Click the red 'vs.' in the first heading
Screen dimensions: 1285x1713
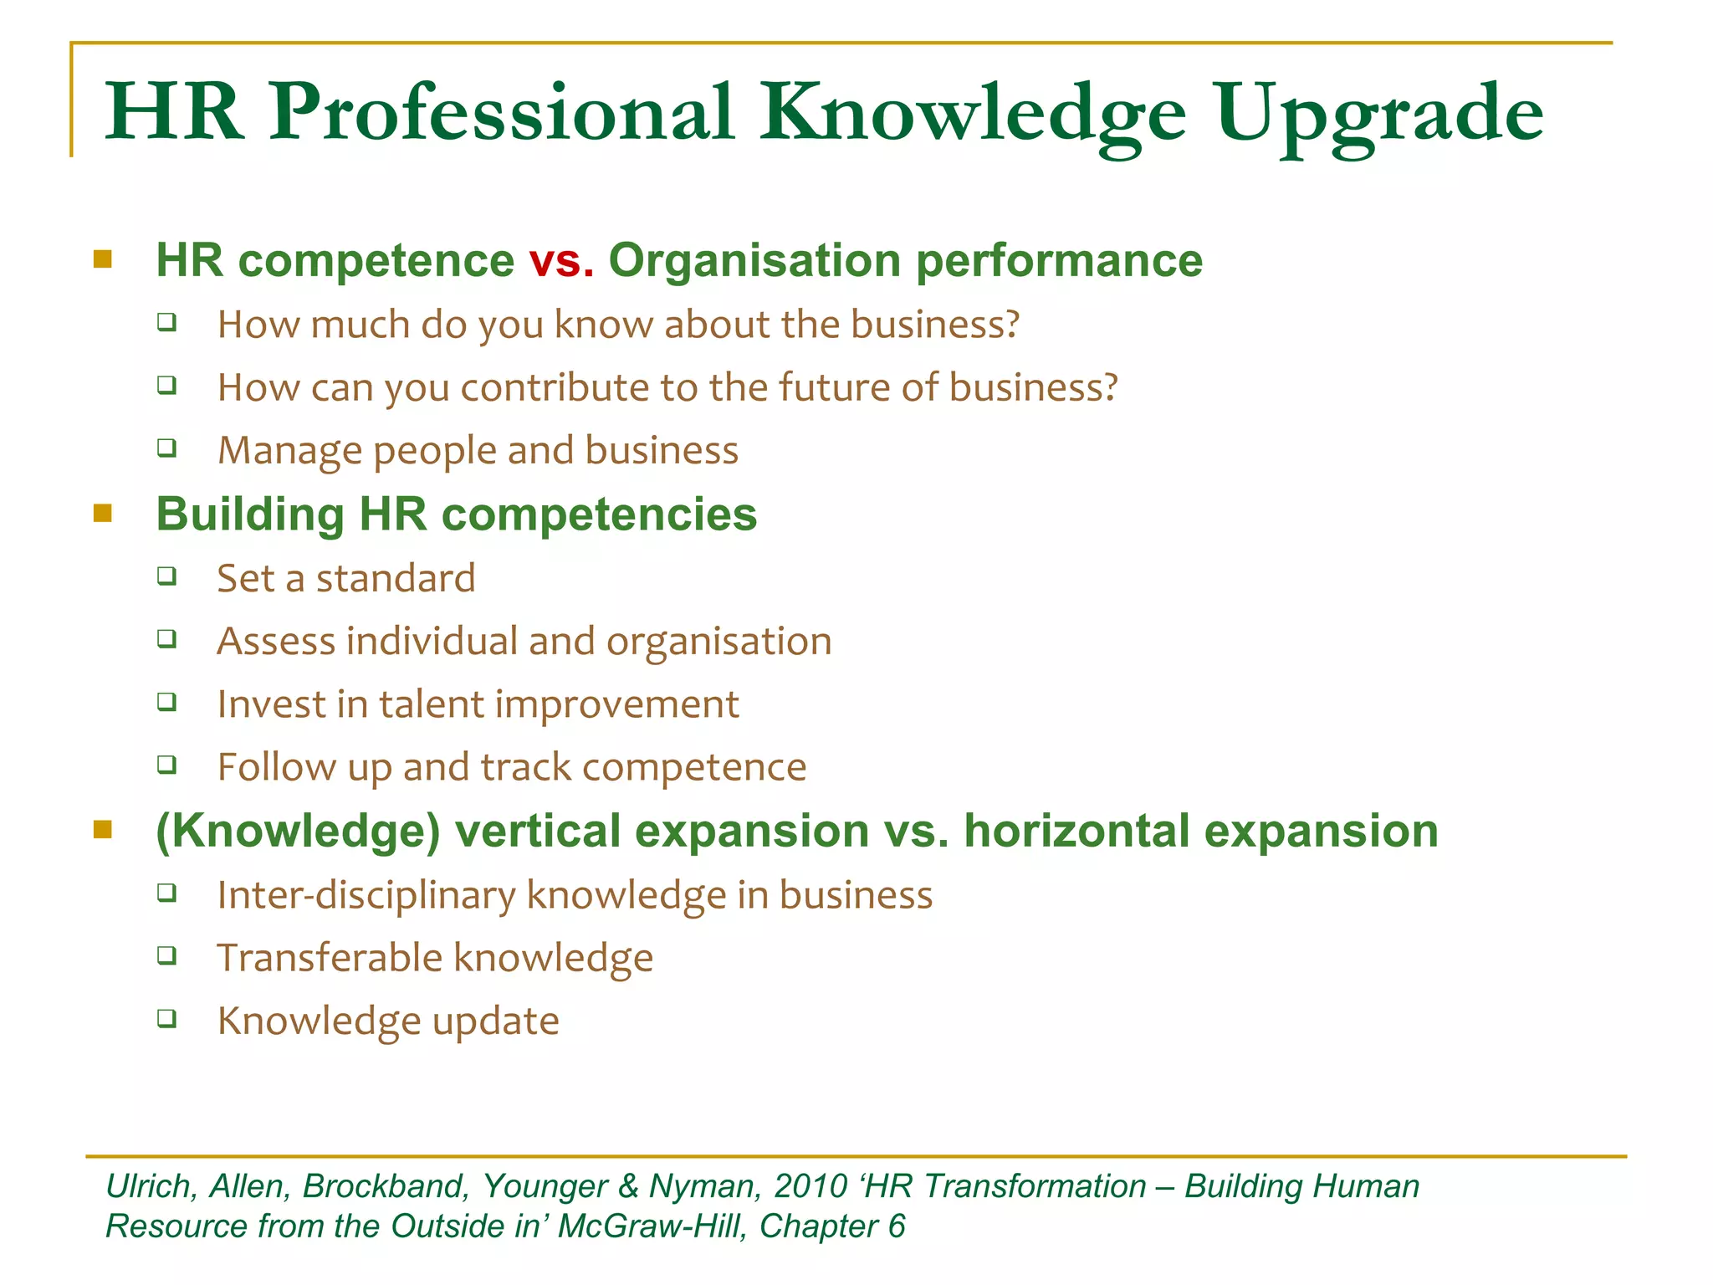561,260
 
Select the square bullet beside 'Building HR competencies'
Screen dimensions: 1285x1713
103,513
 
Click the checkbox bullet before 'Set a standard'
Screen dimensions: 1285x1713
167,576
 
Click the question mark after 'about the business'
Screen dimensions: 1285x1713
1010,325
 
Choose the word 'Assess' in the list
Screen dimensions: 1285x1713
275,642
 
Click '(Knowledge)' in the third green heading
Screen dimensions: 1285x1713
298,831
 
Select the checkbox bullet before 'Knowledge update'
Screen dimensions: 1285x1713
167,1018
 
